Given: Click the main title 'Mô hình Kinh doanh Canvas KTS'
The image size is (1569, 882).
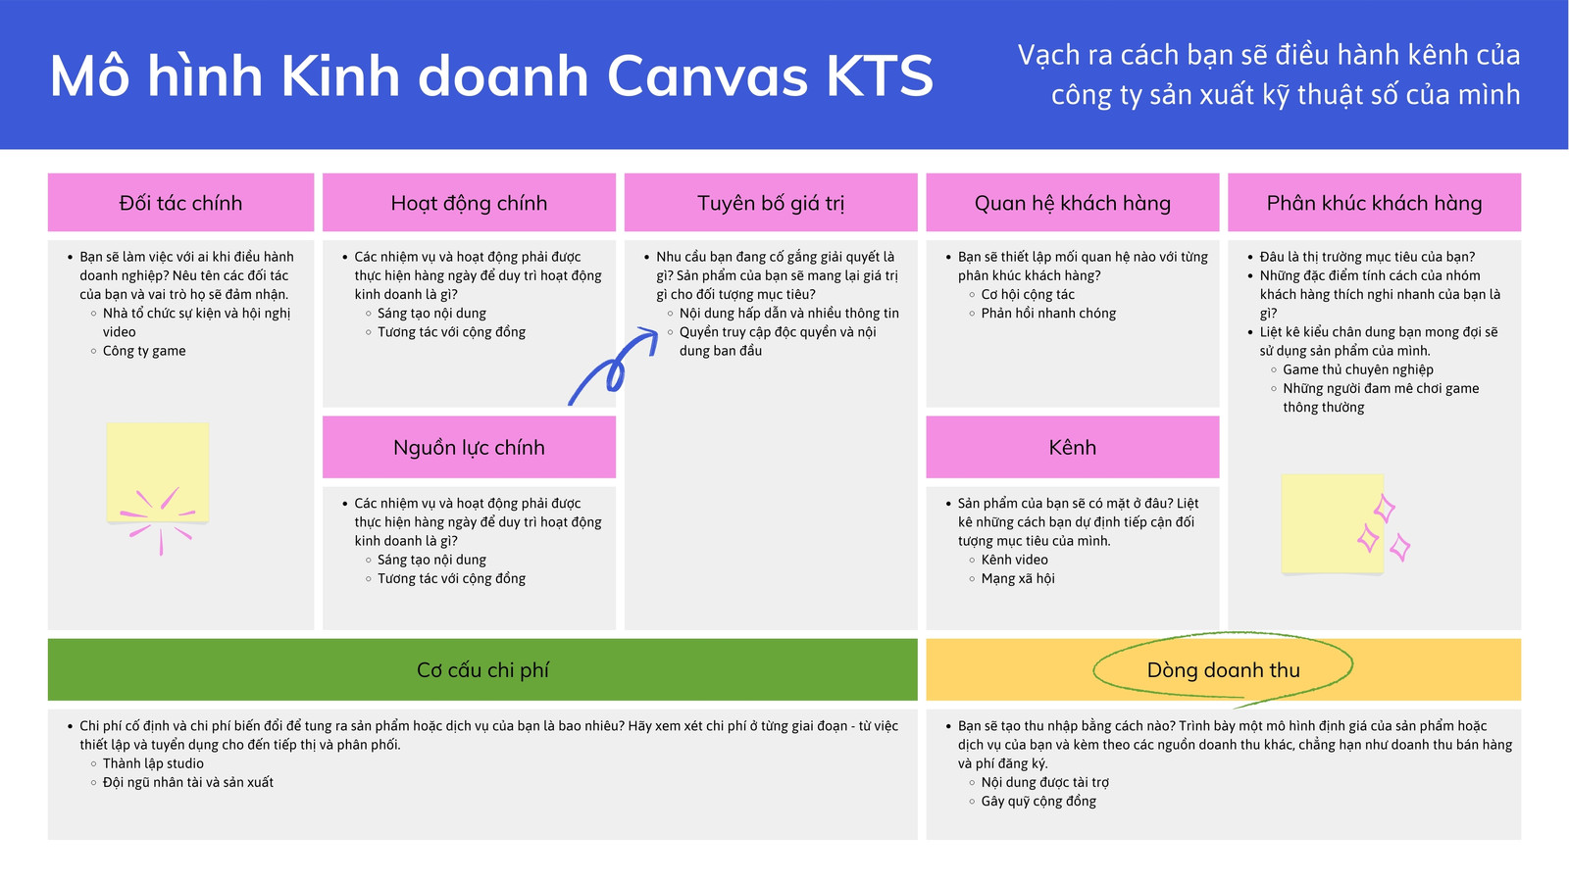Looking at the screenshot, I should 491,76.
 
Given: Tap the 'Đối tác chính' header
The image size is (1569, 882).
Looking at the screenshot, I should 180,203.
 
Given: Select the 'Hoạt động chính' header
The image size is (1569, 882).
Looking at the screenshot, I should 469,203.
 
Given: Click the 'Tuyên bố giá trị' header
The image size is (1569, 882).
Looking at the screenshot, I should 771,203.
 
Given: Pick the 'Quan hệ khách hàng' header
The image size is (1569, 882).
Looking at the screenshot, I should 1072,203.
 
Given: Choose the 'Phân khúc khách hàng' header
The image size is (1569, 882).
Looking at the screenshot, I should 1374,203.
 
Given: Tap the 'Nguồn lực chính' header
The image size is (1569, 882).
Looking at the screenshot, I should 469,447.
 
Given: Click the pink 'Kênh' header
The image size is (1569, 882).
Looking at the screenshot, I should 1072,447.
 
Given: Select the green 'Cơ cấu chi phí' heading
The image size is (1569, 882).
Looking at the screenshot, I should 482,670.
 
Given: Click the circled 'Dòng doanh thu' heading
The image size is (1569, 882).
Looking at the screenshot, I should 1223,670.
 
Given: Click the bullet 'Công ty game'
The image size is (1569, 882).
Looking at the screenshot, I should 144,351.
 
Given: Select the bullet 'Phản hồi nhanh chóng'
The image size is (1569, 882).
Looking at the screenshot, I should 1048,314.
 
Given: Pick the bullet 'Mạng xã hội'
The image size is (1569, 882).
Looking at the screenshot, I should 1018,579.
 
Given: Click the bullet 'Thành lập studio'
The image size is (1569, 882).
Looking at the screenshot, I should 153,763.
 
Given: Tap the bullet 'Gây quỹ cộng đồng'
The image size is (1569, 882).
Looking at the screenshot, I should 1038,802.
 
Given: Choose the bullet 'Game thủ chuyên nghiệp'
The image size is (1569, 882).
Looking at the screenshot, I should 1358,369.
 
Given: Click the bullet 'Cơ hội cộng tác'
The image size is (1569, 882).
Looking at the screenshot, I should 1028,295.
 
